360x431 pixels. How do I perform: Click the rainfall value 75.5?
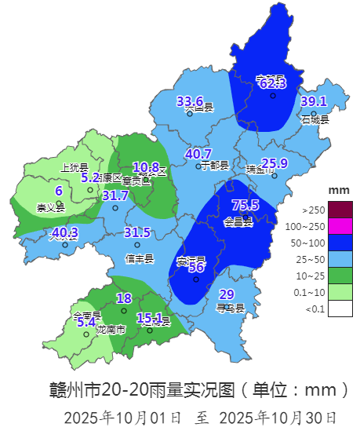click(245, 205)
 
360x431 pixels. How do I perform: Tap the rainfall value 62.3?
click(272, 82)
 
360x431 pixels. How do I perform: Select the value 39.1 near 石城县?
click(313, 101)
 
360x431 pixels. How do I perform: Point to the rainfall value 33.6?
click(190, 101)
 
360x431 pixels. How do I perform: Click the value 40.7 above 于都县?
click(198, 154)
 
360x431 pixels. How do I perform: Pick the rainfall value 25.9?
click(275, 163)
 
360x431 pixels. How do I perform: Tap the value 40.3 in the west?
click(65, 232)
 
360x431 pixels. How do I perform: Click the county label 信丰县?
click(140, 258)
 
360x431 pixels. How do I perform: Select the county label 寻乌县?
click(230, 308)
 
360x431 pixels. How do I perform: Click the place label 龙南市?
click(111, 330)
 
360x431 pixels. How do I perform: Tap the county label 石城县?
click(315, 119)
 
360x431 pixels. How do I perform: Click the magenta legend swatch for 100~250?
click(340, 226)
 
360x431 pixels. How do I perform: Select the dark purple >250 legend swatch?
click(340, 210)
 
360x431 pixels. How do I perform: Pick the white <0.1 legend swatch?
click(340, 309)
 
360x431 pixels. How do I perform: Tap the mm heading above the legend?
click(338, 191)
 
